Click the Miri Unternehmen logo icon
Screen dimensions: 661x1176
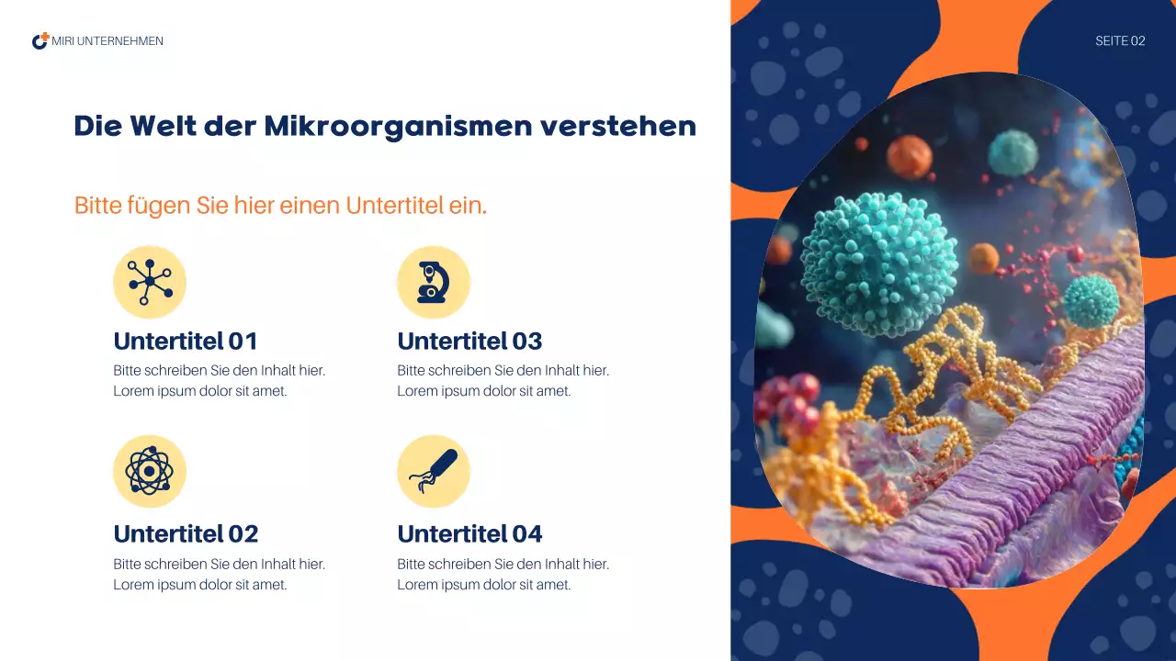(x=40, y=41)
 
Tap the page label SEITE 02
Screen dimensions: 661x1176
(x=1120, y=41)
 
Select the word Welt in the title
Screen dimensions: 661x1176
(x=164, y=127)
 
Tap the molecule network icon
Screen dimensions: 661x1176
(x=150, y=282)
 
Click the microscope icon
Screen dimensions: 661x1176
(x=433, y=282)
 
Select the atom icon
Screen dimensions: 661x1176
(x=150, y=471)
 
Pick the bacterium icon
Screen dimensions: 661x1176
(x=433, y=471)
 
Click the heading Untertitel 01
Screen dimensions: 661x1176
(x=186, y=342)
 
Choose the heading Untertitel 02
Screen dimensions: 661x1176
(x=186, y=534)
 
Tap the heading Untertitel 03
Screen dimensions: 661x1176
(x=469, y=342)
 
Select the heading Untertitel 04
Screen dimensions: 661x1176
(x=469, y=534)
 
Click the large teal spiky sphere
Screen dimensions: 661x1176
(x=878, y=264)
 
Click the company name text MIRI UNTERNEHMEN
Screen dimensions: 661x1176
(x=107, y=41)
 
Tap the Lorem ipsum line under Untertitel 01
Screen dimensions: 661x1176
(x=200, y=391)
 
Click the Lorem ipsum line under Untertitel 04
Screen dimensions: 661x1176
(x=484, y=585)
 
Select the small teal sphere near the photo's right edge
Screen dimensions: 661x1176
(x=1091, y=300)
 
